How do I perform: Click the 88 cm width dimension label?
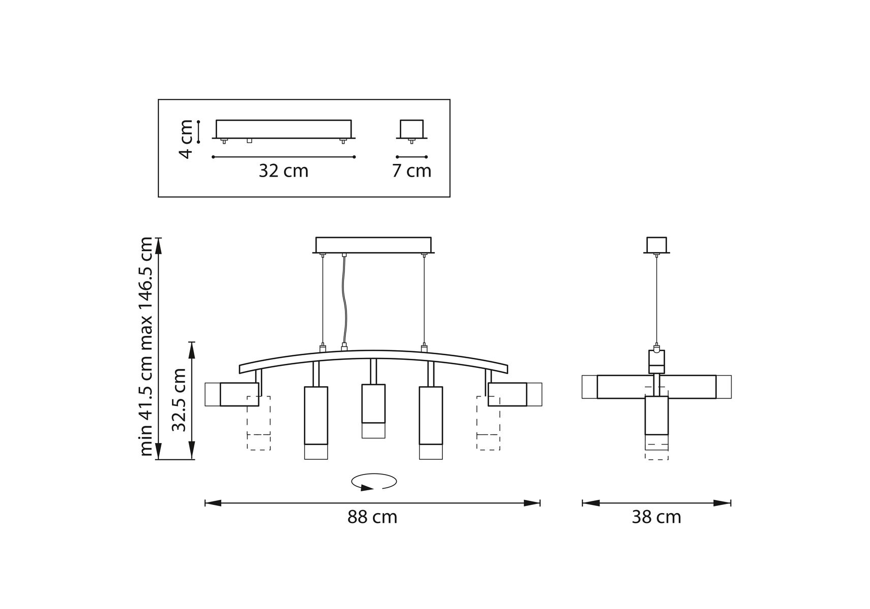(372, 517)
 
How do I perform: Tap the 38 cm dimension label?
(656, 517)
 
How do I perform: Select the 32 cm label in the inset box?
(284, 171)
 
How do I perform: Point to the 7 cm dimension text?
(411, 171)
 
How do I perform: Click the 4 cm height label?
(187, 139)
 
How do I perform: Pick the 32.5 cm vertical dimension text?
(179, 400)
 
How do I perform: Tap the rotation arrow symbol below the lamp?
(374, 482)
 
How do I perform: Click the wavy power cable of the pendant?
(344, 300)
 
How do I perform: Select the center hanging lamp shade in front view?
(373, 411)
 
